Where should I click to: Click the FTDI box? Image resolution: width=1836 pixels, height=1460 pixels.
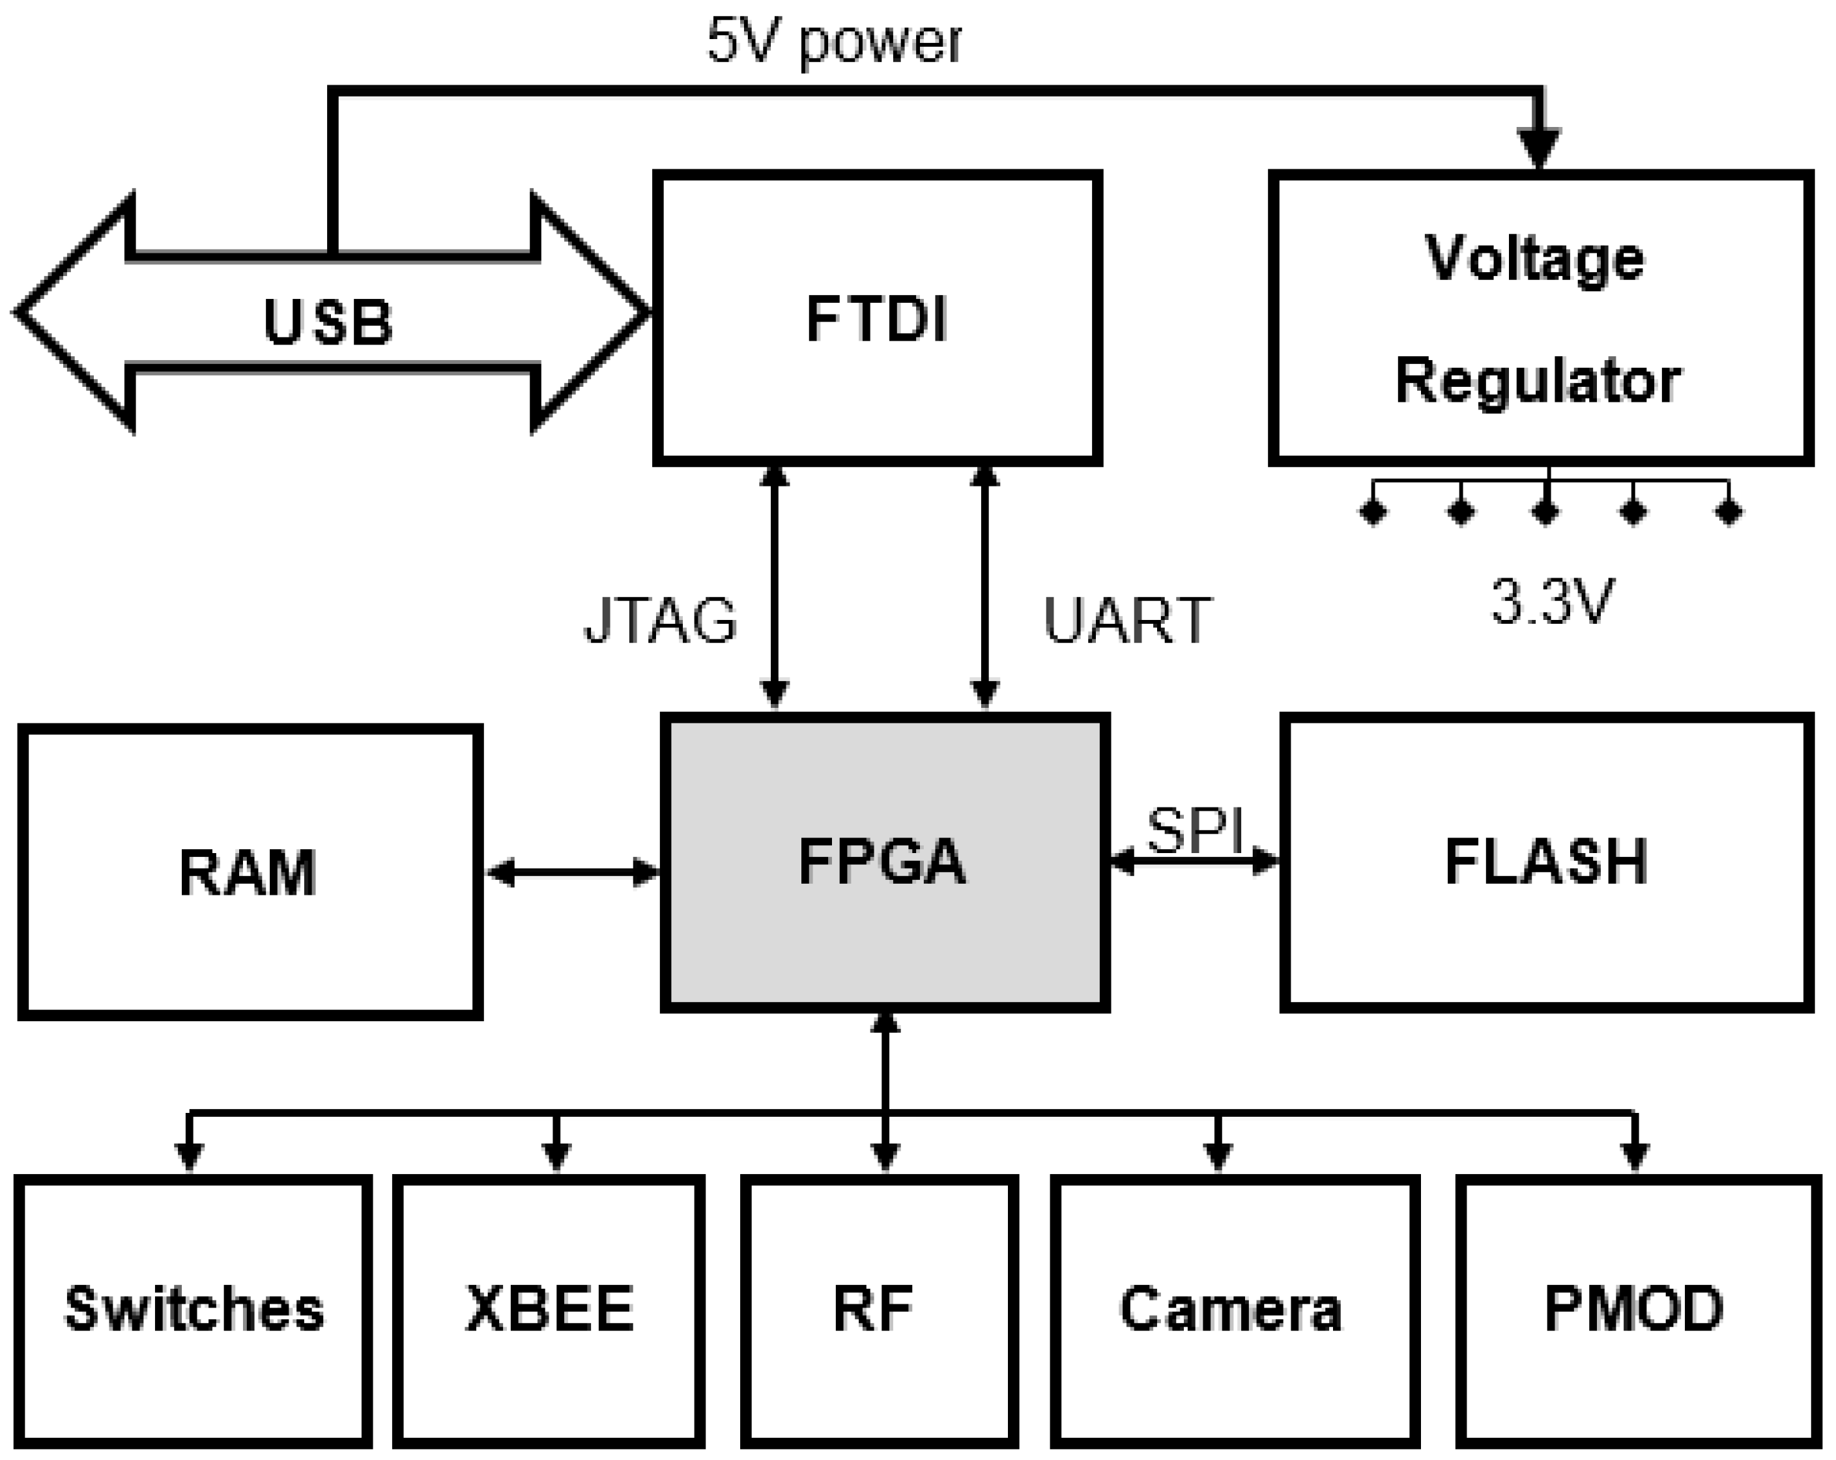(877, 318)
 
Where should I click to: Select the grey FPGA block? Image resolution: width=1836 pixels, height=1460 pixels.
(884, 862)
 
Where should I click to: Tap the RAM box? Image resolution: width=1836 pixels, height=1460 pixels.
(250, 872)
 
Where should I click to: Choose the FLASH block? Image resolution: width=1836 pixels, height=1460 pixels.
(1545, 862)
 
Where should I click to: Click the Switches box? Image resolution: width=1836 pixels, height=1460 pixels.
(194, 1310)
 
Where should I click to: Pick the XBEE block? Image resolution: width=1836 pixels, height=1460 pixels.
(549, 1310)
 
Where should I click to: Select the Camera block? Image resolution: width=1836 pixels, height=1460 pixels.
(1232, 1310)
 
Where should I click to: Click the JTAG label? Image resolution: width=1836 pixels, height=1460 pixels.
(661, 621)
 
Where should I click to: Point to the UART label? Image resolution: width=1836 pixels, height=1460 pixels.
(1126, 621)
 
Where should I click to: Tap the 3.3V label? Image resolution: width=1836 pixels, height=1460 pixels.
(1551, 602)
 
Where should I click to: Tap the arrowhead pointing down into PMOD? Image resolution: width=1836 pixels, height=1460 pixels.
(1634, 1156)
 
